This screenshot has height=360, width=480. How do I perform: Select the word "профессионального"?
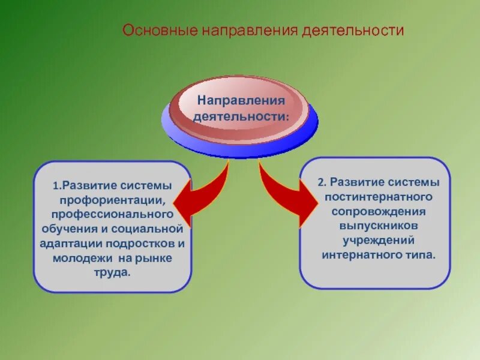point(112,214)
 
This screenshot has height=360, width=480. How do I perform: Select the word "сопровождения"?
point(375,211)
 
